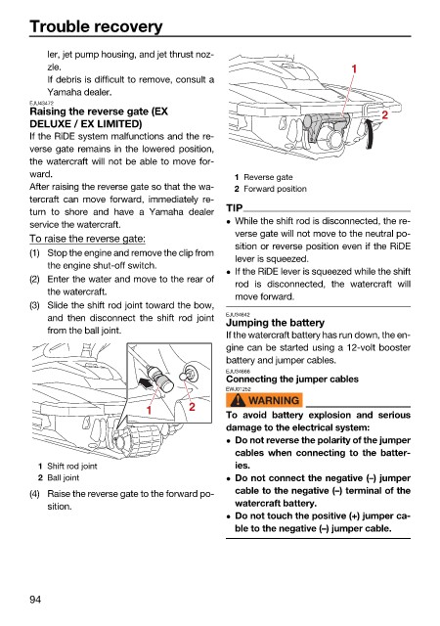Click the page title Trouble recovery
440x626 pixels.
click(x=96, y=26)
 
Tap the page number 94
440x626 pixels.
click(x=35, y=600)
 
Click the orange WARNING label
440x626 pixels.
click(x=264, y=400)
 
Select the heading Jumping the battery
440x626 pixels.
click(x=275, y=323)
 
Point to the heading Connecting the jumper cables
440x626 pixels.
click(x=292, y=379)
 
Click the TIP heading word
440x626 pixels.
click(x=235, y=208)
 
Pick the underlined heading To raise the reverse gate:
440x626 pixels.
click(x=87, y=239)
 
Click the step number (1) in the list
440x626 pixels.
click(x=35, y=253)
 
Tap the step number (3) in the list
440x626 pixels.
click(x=35, y=305)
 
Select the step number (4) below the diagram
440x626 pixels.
click(x=35, y=494)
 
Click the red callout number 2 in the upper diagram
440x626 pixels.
click(x=384, y=115)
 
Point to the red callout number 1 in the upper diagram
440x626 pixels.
click(x=354, y=69)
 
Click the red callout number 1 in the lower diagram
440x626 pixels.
click(x=149, y=410)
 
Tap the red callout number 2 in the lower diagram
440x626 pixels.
click(x=192, y=407)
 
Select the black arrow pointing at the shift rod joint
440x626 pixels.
click(x=145, y=383)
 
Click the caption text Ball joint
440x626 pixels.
click(x=64, y=478)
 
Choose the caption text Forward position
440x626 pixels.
click(x=275, y=189)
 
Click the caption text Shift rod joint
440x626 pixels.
click(x=72, y=466)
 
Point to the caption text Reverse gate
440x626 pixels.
click(x=268, y=177)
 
